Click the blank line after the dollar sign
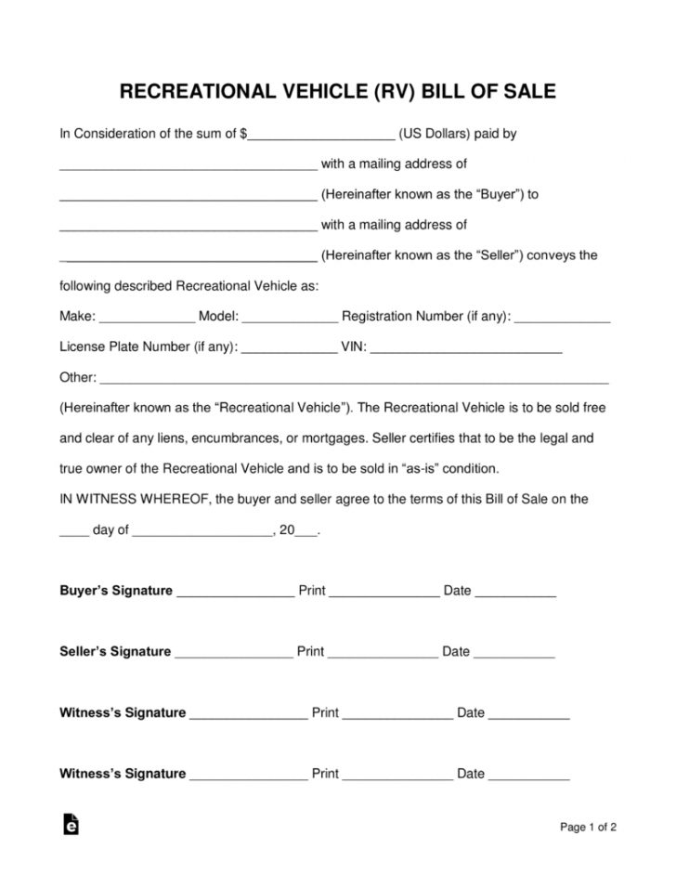pos(321,136)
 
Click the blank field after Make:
pos(146,319)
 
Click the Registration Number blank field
pos(562,319)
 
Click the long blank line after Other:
pos(353,380)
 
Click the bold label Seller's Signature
pos(115,652)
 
